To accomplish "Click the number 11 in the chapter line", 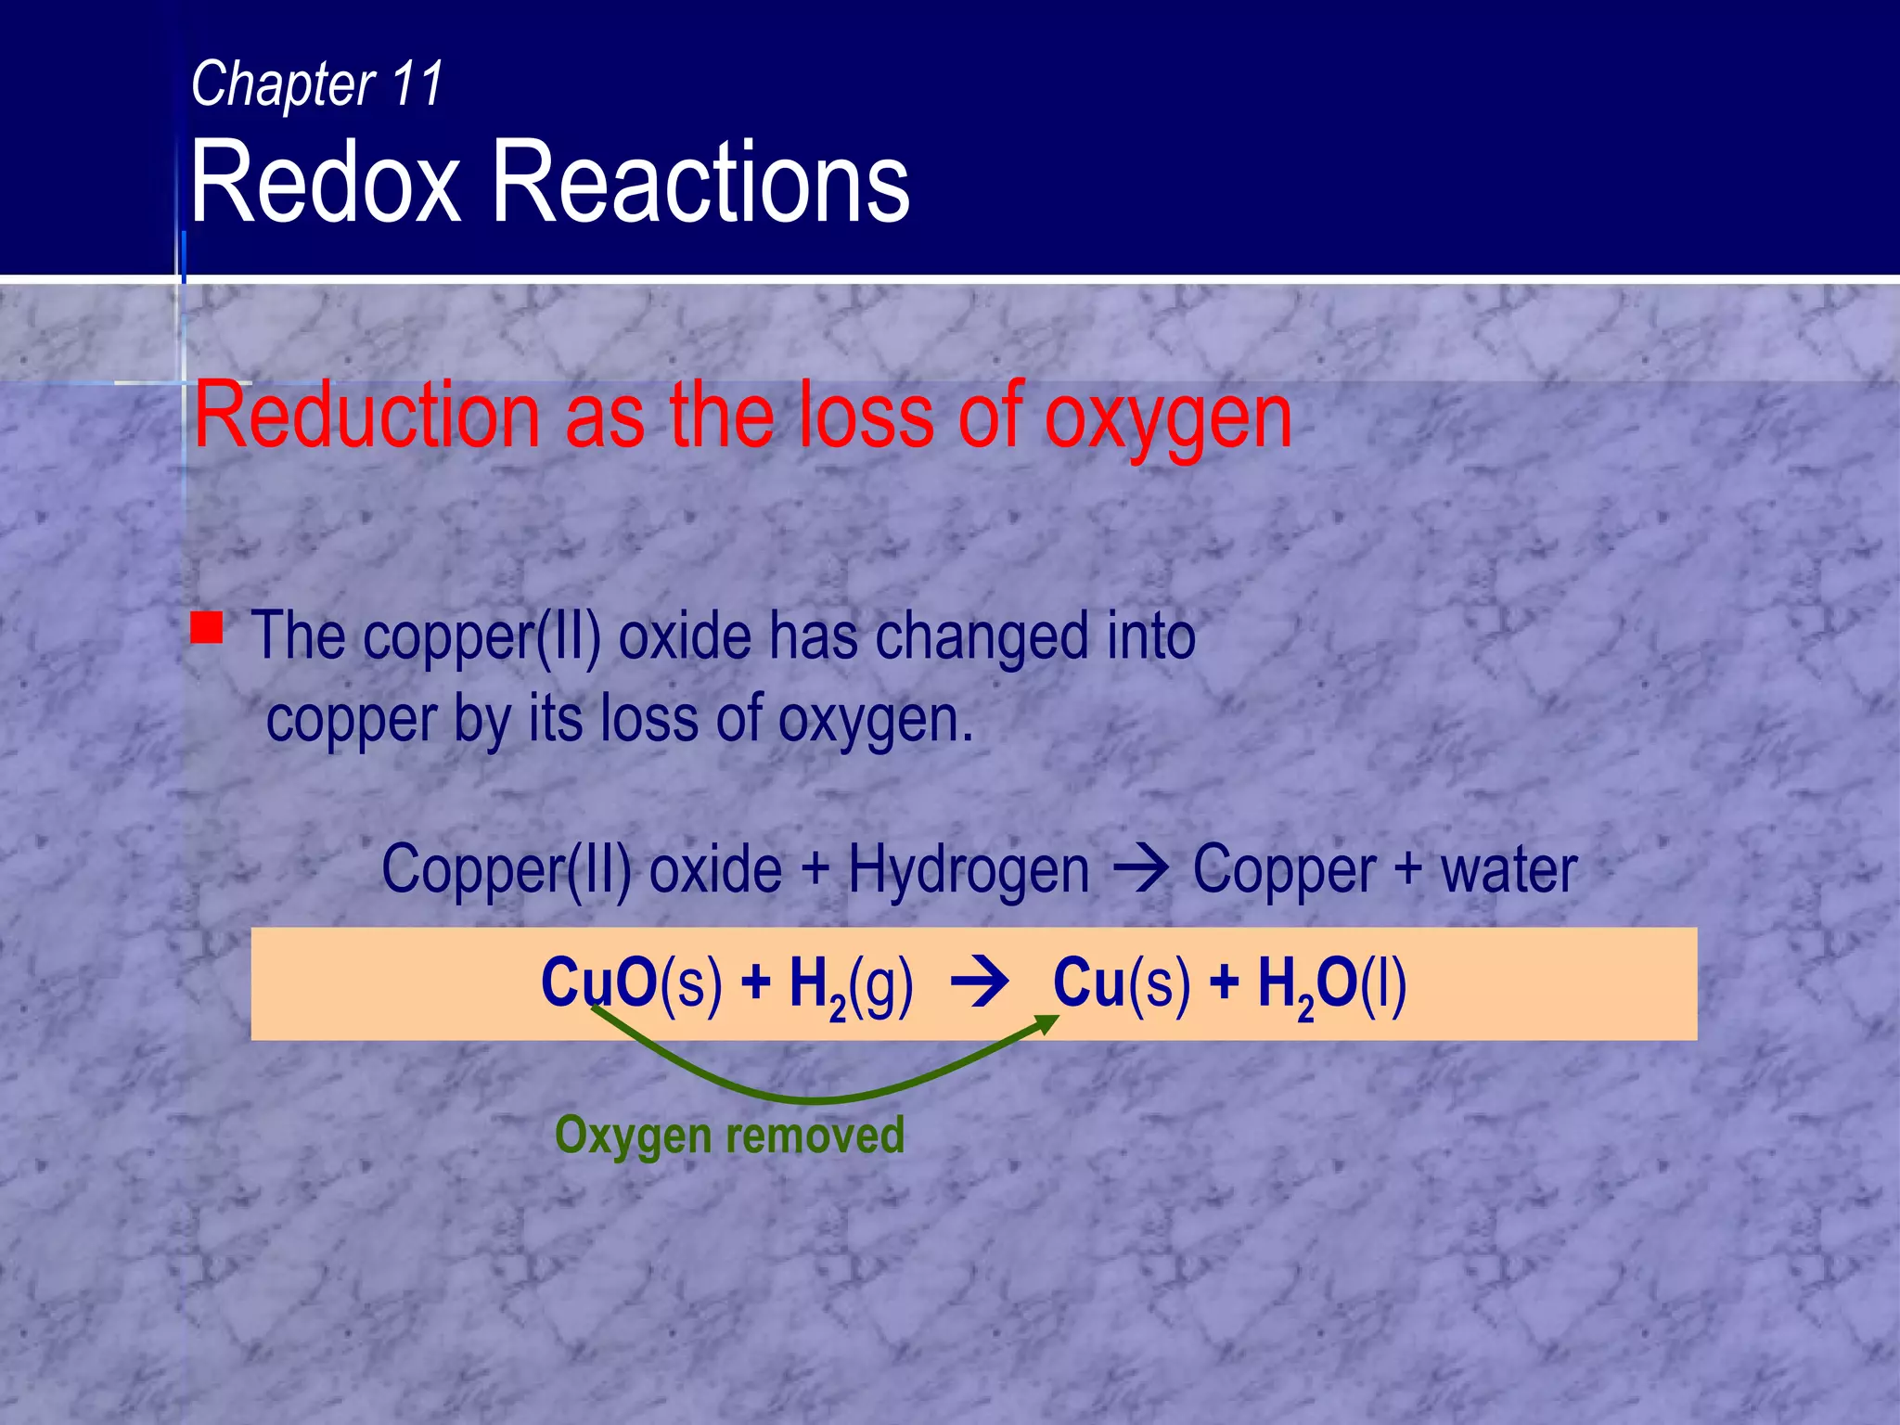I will (x=417, y=83).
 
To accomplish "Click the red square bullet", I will (x=207, y=627).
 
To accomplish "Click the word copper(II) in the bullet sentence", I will (x=481, y=639).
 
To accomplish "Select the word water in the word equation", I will (x=1508, y=870).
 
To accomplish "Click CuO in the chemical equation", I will (x=599, y=982).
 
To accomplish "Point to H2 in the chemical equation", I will (x=817, y=986).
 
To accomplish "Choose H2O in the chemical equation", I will (x=1308, y=986).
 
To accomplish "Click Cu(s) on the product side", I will (x=1121, y=982).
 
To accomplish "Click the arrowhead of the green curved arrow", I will (x=1047, y=1023).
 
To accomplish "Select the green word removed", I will (x=815, y=1135).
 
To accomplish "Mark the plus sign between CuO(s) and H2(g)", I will (x=756, y=983).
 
